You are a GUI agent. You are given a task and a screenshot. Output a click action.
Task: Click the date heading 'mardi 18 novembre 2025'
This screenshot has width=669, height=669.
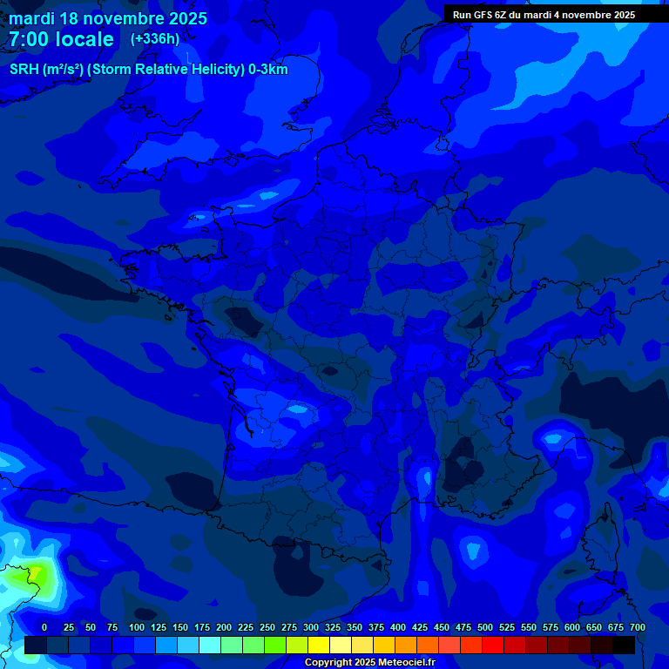coord(108,18)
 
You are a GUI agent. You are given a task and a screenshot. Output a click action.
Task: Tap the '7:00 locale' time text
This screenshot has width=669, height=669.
coord(61,39)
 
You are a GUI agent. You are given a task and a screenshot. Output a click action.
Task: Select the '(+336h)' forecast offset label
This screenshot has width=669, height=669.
coord(155,39)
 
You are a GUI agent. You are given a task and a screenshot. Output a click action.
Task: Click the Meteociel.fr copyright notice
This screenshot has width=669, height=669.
coord(368,663)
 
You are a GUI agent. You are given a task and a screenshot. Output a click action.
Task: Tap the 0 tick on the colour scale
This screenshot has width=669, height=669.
coord(44,627)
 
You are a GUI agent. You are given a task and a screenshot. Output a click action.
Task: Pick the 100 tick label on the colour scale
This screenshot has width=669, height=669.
coord(137,627)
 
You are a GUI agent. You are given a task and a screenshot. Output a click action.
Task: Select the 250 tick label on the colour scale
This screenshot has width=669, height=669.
coord(267,627)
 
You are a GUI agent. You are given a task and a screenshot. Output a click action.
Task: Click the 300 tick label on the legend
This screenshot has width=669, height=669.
coord(311,627)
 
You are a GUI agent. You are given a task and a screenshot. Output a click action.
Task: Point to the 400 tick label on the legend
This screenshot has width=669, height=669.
coord(398,627)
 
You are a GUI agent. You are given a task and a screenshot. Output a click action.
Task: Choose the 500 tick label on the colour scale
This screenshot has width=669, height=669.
coord(485,627)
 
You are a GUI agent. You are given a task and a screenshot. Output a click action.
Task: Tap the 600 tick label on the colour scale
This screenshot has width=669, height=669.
coord(572,627)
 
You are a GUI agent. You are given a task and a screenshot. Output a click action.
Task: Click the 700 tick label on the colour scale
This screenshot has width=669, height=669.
coord(638,627)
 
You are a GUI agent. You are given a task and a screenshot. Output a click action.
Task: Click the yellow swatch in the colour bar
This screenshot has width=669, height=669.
coord(319,645)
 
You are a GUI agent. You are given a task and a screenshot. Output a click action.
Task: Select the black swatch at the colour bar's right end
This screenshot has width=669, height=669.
coord(624,645)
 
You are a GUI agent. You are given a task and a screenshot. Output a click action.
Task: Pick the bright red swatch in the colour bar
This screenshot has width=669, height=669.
coord(493,645)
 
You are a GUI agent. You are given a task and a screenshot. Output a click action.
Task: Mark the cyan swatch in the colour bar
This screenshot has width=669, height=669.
coord(210,645)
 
